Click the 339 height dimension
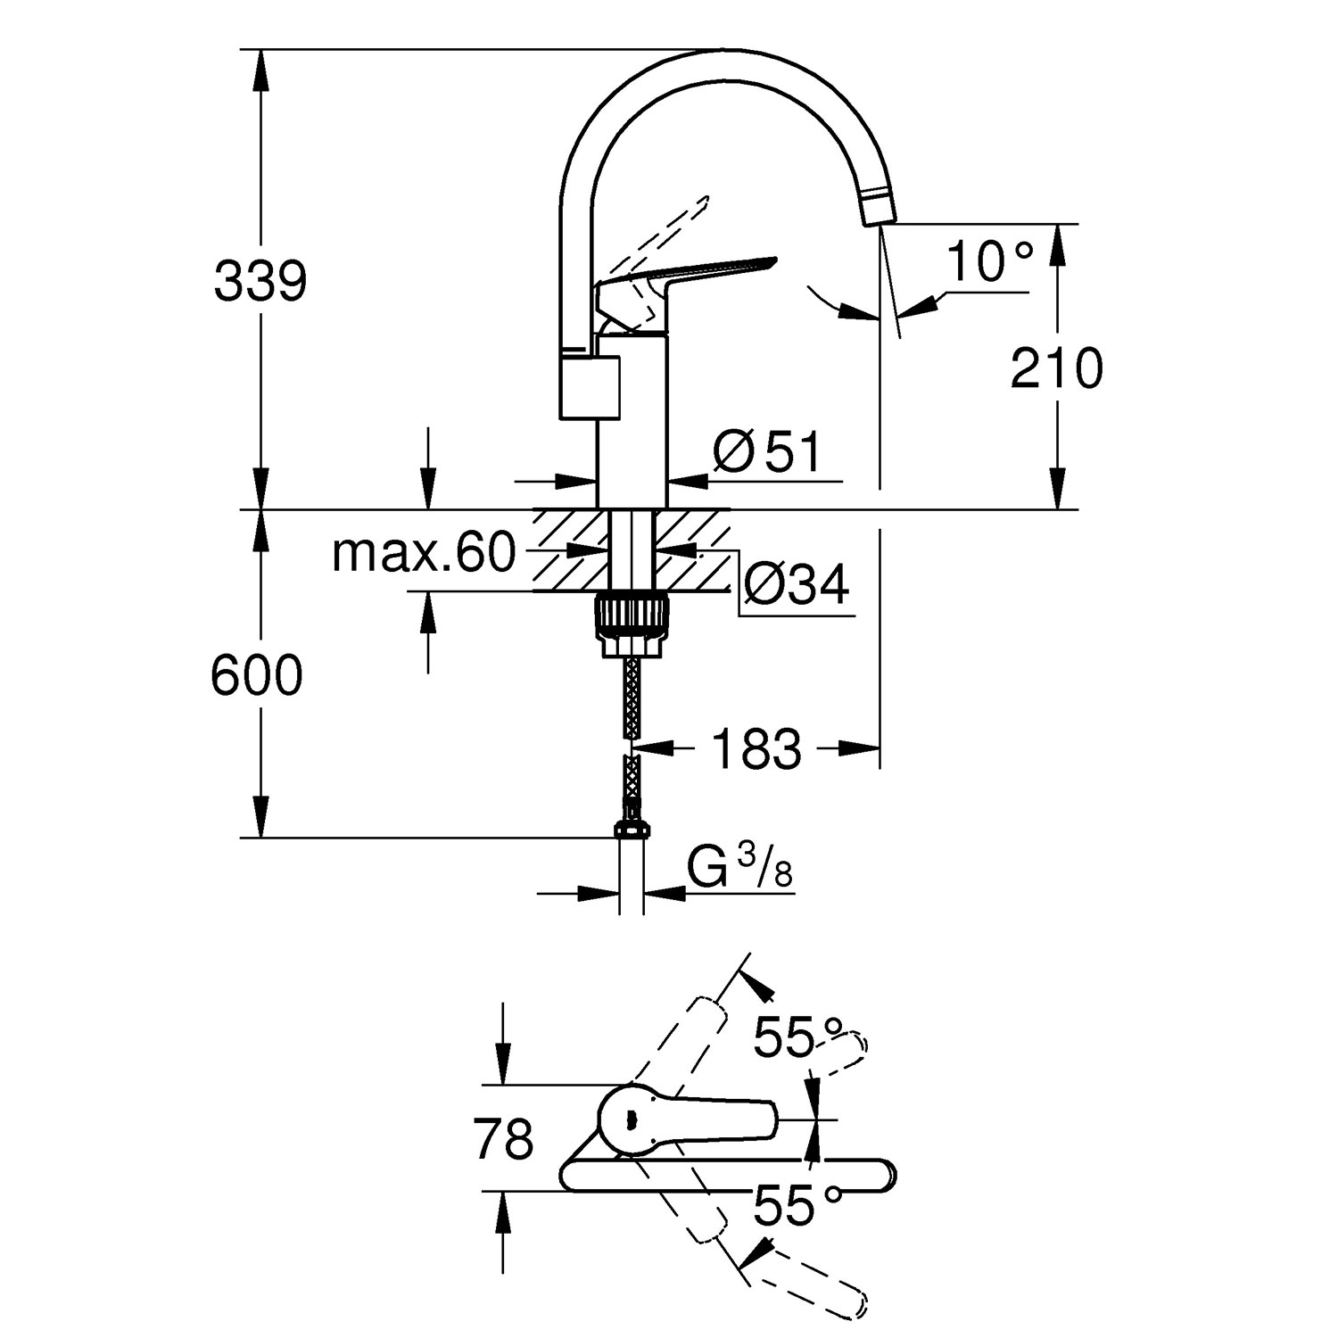click(260, 282)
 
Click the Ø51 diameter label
click(766, 453)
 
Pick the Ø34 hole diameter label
click(796, 585)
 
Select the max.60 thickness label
click(424, 553)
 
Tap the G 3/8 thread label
click(740, 868)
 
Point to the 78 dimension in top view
click(505, 1139)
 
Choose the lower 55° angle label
click(797, 1206)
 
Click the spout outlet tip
click(878, 211)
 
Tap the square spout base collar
click(590, 385)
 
